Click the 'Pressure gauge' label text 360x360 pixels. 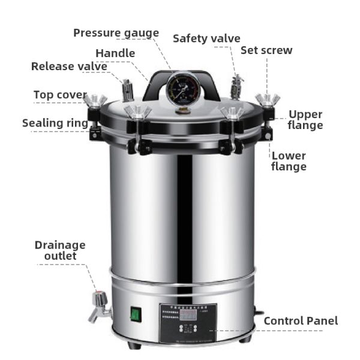point(116,32)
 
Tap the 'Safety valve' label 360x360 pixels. point(206,38)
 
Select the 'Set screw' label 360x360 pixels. point(266,50)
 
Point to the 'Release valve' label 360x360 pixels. point(69,66)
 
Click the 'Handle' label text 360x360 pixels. point(115,53)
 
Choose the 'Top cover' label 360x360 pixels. point(59,95)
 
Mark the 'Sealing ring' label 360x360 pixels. point(55,123)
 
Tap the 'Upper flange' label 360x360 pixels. point(305,119)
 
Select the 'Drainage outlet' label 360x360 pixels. point(59,250)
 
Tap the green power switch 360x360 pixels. point(136,313)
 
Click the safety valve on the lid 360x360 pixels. point(236,85)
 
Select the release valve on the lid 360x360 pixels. point(127,89)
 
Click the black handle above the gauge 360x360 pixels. point(180,76)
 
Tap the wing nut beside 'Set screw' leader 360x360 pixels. point(263,100)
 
